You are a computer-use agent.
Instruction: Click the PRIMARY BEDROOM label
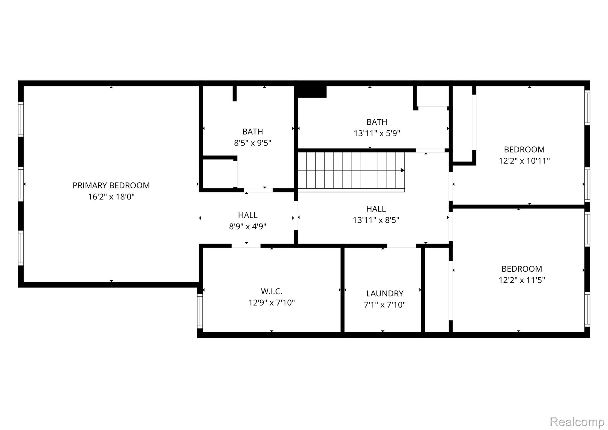pyautogui.click(x=111, y=185)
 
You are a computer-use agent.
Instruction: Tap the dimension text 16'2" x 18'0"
pyautogui.click(x=111, y=197)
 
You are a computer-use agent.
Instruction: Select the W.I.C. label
pyautogui.click(x=271, y=291)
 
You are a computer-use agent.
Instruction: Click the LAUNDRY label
pyautogui.click(x=385, y=293)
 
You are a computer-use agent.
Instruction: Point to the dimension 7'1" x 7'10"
pyautogui.click(x=385, y=305)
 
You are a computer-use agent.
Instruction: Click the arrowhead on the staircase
pyautogui.click(x=403, y=170)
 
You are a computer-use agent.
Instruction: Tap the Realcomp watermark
pyautogui.click(x=577, y=422)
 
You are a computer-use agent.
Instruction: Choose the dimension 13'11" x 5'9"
pyautogui.click(x=377, y=133)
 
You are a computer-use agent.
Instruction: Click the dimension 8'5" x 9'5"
pyautogui.click(x=253, y=143)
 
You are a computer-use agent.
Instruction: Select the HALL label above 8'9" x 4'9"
pyautogui.click(x=248, y=215)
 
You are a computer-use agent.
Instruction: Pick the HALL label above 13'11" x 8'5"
pyautogui.click(x=376, y=209)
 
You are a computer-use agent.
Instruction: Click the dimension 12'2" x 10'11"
pyautogui.click(x=524, y=161)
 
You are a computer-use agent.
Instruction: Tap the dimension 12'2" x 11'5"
pyautogui.click(x=522, y=280)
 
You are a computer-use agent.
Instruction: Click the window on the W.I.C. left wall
pyautogui.click(x=200, y=311)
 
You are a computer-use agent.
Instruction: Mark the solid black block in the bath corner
pyautogui.click(x=312, y=92)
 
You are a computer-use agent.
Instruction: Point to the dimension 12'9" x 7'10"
pyautogui.click(x=271, y=303)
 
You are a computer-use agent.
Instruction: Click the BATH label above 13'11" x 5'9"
pyautogui.click(x=377, y=122)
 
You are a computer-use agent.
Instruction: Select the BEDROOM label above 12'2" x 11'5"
pyautogui.click(x=522, y=269)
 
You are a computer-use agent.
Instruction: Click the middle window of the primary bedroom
pyautogui.click(x=21, y=184)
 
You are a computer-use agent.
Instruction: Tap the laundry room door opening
pyautogui.click(x=402, y=246)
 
